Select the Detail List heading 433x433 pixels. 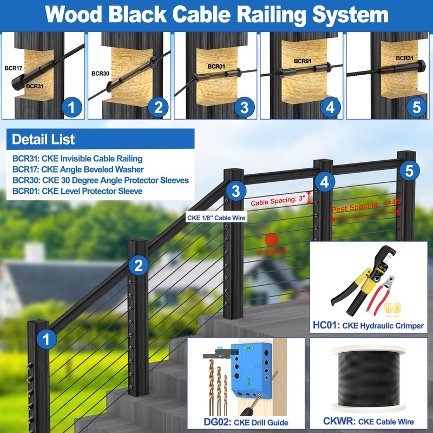[x=43, y=139]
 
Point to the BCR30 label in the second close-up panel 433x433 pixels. [x=101, y=73]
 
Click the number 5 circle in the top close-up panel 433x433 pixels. [x=416, y=107]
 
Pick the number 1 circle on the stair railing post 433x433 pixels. [x=47, y=339]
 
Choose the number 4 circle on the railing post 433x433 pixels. [x=324, y=182]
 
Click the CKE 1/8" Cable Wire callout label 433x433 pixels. [x=216, y=218]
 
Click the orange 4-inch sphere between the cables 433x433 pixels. [x=272, y=240]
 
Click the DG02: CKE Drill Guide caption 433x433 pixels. [x=245, y=422]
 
